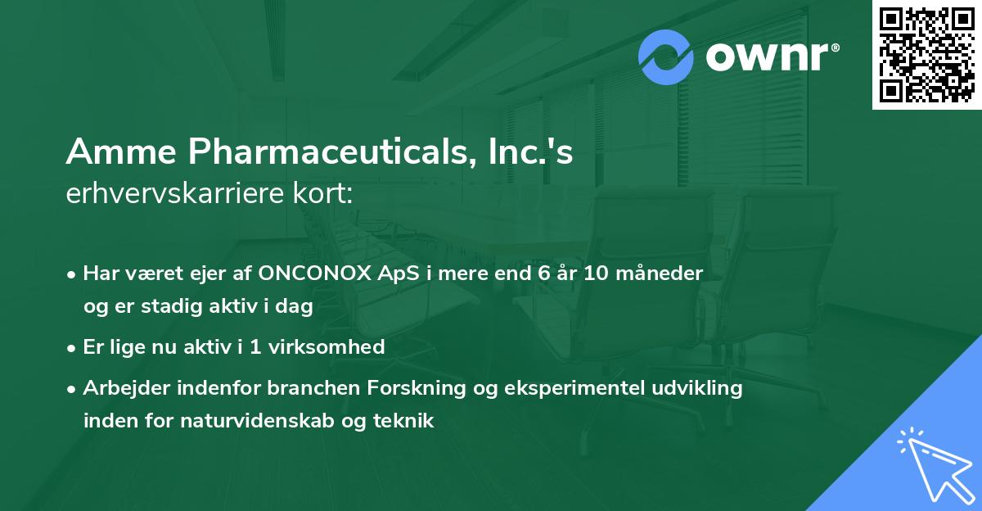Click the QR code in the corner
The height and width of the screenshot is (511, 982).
tap(927, 55)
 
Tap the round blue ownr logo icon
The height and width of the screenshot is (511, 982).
tap(666, 57)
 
